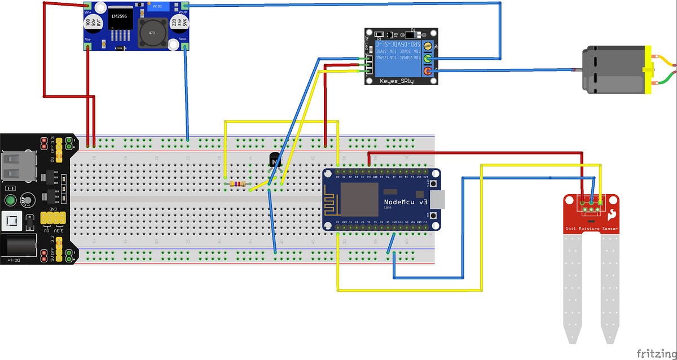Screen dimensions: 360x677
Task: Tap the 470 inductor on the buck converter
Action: [152, 33]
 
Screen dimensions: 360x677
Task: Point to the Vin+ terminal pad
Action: [88, 7]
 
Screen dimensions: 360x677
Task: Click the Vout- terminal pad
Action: [185, 47]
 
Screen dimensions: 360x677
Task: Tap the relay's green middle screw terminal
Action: [428, 58]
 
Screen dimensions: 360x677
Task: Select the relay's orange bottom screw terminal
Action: [428, 71]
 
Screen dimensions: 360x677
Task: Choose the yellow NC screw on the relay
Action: [428, 46]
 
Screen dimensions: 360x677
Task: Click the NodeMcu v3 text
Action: [406, 202]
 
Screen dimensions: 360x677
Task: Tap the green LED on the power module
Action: [10, 200]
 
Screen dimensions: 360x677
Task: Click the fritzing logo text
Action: [656, 353]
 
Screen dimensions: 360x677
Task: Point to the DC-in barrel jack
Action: [20, 248]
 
